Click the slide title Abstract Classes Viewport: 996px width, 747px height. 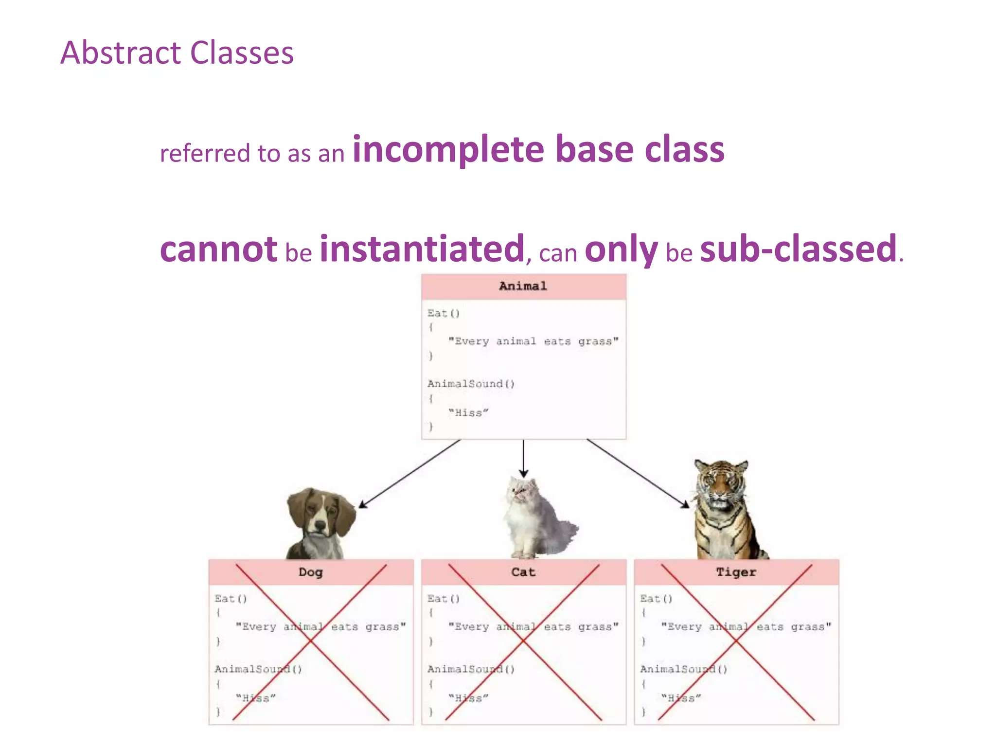pos(177,53)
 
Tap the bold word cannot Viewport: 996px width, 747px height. pos(218,249)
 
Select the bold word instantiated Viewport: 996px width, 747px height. pos(422,249)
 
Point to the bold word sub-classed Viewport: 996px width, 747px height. pos(798,249)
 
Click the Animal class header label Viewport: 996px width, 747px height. pos(523,286)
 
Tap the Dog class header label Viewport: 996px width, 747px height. pos(310,572)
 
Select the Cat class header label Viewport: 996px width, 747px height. pos(523,572)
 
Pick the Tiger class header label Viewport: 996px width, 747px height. pos(736,572)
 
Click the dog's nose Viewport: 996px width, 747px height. pos(320,526)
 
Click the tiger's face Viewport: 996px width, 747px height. pos(720,486)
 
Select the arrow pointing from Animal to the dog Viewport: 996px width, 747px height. pos(409,474)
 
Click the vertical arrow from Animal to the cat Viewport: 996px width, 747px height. pos(523,457)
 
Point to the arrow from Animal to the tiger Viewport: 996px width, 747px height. pos(638,474)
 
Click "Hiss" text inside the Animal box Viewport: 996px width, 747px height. pos(468,413)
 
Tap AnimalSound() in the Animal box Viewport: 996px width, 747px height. pos(471,384)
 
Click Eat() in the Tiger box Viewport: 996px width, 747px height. pos(656,599)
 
